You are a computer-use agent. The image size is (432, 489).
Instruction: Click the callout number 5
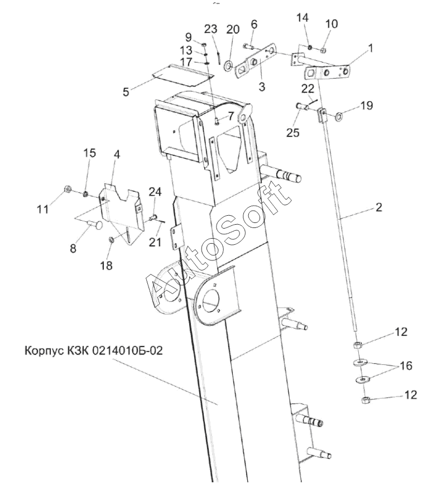point(126,92)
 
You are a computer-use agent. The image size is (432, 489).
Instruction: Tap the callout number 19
point(367,106)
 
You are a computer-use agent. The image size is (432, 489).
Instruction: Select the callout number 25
point(293,132)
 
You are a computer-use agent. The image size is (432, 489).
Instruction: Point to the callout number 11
point(43,208)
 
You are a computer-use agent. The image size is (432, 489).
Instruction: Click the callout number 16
point(406,365)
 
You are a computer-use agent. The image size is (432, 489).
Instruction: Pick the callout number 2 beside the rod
point(379,207)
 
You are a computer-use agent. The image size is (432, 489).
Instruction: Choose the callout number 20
point(233,29)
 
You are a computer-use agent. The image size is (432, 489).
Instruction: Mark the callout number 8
point(73,249)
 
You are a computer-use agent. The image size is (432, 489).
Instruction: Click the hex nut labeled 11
point(68,189)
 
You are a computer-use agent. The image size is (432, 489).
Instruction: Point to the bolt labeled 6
point(248,47)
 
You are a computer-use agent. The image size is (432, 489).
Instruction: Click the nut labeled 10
point(323,50)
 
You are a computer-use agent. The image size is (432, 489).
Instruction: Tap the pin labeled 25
point(303,107)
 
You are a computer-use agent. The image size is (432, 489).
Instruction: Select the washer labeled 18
point(111,240)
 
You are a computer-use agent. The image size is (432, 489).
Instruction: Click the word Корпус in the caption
point(44,351)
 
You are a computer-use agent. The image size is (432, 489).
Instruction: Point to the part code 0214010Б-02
point(127,350)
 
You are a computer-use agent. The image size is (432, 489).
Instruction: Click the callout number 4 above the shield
point(117,154)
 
